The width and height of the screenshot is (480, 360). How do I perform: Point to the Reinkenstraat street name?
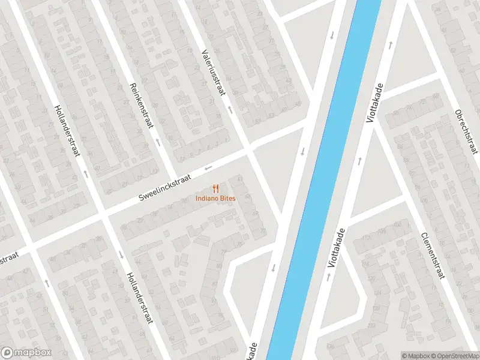(141, 103)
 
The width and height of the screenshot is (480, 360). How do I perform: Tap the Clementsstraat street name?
(432, 255)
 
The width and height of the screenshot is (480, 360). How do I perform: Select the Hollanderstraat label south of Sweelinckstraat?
(139, 298)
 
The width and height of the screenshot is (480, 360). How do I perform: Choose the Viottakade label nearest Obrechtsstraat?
(374, 104)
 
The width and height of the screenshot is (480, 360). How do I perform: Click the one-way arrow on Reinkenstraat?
(158, 143)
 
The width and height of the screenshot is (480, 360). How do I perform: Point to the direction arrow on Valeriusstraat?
(229, 110)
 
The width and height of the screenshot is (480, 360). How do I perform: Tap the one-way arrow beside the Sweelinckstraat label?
(208, 168)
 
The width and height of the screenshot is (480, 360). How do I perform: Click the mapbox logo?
(26, 353)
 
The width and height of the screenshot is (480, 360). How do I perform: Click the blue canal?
(324, 180)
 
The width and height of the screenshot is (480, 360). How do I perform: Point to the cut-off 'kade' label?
(255, 352)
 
